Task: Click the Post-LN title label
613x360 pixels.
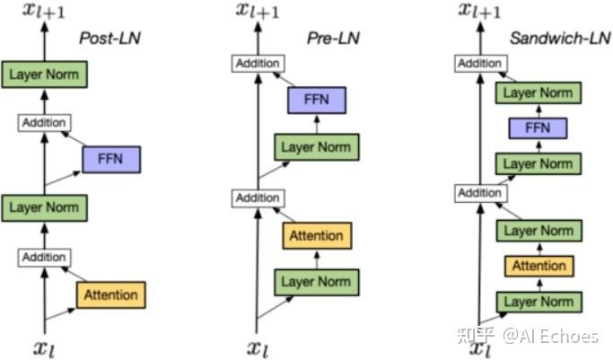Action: coord(109,39)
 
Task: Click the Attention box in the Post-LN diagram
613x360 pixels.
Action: coord(110,294)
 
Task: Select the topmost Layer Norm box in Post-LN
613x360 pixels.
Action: coord(45,74)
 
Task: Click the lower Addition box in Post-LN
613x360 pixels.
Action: coord(45,258)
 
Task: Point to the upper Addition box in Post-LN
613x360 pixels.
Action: coord(45,123)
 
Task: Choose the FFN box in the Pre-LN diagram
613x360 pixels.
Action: coord(316,101)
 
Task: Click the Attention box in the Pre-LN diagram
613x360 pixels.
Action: coord(317,236)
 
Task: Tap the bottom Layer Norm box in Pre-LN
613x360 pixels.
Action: coord(316,282)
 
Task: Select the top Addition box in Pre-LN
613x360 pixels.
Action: coord(258,64)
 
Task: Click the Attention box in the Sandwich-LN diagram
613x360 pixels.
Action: coord(539,266)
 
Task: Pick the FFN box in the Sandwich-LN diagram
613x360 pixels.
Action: coord(538,128)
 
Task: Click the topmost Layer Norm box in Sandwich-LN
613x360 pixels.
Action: coord(538,92)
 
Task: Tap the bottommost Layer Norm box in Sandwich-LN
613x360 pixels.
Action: coord(538,301)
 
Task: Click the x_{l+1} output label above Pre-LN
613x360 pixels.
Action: coord(257,11)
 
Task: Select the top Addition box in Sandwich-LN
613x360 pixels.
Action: coord(480,64)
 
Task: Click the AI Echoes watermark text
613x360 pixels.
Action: coord(549,336)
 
